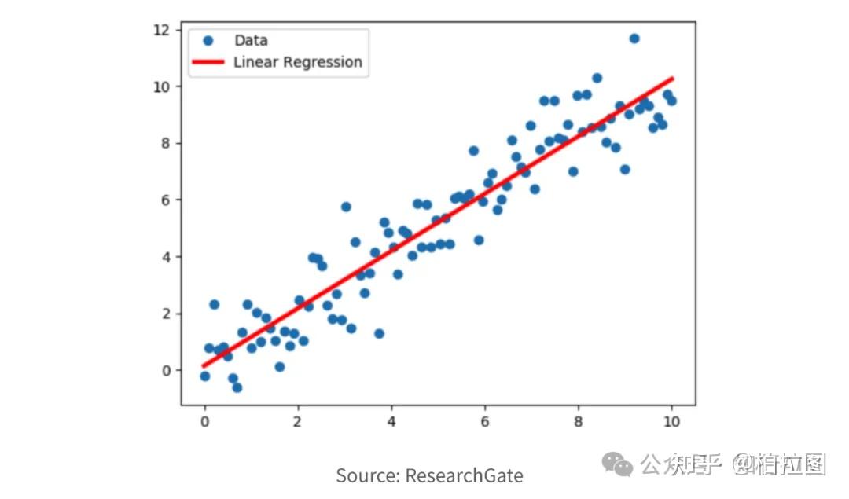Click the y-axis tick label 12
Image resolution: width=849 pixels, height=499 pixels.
click(x=161, y=30)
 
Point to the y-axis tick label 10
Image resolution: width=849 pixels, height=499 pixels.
click(x=161, y=86)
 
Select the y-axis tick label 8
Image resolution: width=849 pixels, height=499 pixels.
click(x=165, y=143)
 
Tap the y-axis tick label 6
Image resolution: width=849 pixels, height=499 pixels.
click(x=165, y=200)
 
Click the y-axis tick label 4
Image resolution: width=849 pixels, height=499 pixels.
click(x=165, y=257)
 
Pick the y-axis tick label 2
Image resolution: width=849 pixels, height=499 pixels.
click(x=165, y=314)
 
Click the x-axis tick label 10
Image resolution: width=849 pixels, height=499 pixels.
click(x=671, y=421)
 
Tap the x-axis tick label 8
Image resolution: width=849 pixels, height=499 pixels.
click(x=579, y=421)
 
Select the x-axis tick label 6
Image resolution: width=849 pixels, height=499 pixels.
click(x=485, y=421)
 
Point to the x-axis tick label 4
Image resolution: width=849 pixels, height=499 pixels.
click(x=391, y=421)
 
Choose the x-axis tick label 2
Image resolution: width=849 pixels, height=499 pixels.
click(x=298, y=421)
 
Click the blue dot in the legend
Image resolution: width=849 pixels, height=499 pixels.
click(x=208, y=41)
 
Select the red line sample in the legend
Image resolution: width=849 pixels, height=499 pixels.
click(x=208, y=62)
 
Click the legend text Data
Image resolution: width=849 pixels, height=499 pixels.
click(x=251, y=41)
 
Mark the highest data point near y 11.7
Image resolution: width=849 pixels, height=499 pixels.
click(x=634, y=39)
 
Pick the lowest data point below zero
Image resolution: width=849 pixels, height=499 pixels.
click(x=237, y=387)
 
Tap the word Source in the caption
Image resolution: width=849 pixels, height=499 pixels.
click(x=368, y=475)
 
